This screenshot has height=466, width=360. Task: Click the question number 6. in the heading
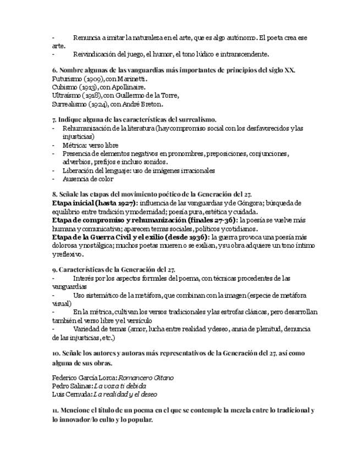[x=54, y=70]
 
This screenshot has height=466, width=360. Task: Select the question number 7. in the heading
[x=54, y=119]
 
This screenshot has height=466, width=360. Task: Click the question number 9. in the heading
[x=54, y=270]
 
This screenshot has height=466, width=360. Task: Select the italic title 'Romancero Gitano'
[x=147, y=378]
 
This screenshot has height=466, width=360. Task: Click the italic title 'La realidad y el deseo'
[x=125, y=394]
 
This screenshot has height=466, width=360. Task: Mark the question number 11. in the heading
[x=56, y=410]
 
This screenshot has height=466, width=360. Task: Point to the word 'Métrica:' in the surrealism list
[x=75, y=145]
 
